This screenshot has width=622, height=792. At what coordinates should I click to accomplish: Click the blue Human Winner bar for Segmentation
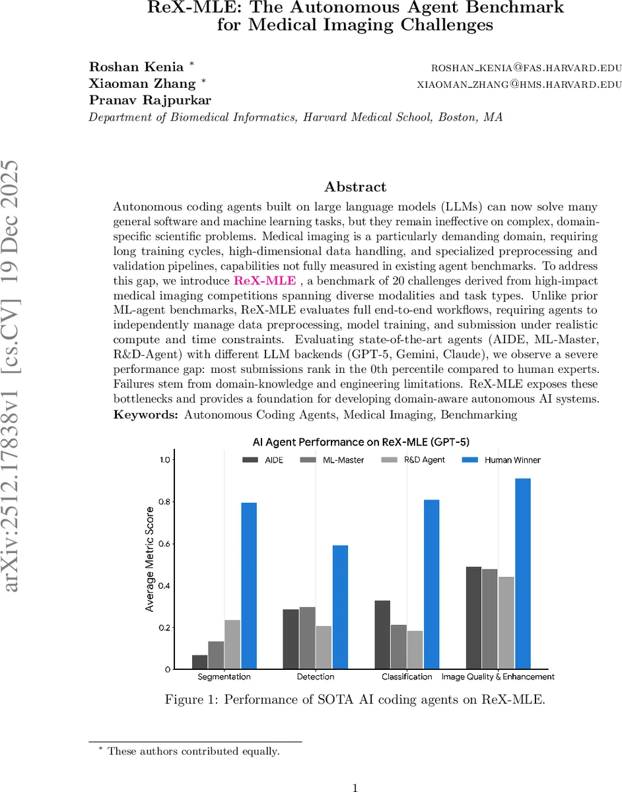248,585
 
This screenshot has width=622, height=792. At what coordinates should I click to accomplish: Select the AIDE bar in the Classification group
382,634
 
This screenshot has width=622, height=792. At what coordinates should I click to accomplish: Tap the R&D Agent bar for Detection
324,647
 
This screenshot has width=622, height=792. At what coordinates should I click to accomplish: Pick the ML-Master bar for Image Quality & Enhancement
490,618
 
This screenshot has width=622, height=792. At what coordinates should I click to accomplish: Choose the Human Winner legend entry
501,459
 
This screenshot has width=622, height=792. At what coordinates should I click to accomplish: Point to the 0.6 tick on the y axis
162,544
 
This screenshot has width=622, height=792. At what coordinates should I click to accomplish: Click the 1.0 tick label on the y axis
162,460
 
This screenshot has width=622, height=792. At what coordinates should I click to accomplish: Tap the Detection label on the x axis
315,676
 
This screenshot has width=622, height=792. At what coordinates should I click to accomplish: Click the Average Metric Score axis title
150,559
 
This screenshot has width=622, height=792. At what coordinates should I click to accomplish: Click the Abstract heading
356,187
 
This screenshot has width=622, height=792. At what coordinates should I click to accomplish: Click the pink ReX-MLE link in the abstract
265,280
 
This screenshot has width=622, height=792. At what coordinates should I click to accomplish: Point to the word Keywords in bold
146,414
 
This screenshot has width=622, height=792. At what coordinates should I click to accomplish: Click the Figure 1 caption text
355,700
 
